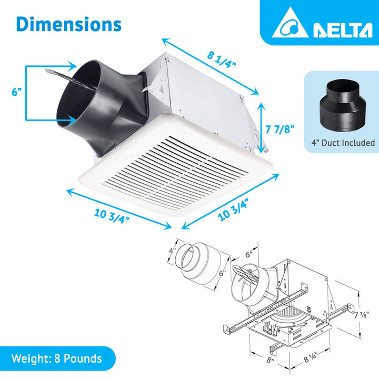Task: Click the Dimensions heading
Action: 69,24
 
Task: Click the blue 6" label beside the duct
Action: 17,92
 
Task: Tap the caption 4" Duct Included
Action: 342,143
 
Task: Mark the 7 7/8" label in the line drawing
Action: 361,315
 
